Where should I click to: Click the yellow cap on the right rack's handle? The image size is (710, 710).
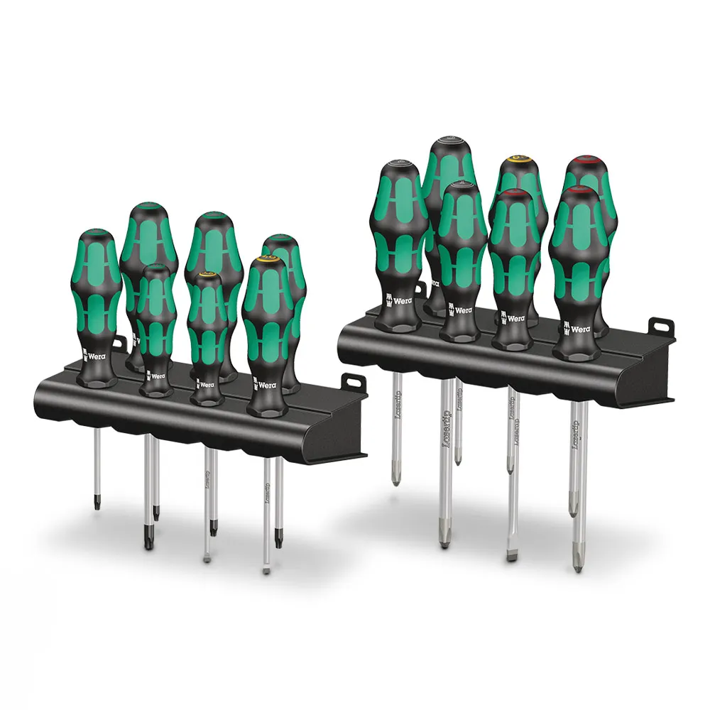pyautogui.click(x=516, y=153)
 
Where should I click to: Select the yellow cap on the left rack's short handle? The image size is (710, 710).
pyautogui.click(x=208, y=272)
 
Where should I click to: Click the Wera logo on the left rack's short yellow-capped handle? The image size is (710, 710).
pyautogui.click(x=205, y=384)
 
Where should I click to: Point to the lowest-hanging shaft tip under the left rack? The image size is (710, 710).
pyautogui.click(x=266, y=569)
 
